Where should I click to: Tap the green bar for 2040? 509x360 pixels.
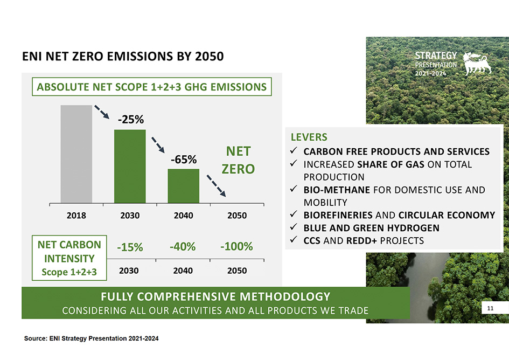(183, 185)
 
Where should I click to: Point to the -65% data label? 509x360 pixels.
(184, 160)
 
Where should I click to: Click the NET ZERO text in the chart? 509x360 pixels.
(238, 160)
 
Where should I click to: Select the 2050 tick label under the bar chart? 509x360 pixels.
(237, 216)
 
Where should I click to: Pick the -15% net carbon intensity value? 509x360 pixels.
(130, 247)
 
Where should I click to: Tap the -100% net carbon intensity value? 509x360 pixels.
(236, 247)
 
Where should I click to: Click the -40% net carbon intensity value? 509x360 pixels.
(183, 247)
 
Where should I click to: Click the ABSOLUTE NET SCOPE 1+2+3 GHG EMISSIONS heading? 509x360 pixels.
(151, 86)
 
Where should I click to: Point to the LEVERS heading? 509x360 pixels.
(309, 137)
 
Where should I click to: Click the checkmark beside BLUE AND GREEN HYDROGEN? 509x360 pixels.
(294, 227)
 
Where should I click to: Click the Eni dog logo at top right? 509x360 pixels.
(476, 63)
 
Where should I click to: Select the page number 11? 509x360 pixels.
(490, 308)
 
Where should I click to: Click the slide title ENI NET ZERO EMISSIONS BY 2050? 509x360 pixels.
(122, 57)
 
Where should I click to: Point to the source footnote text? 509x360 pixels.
(92, 338)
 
